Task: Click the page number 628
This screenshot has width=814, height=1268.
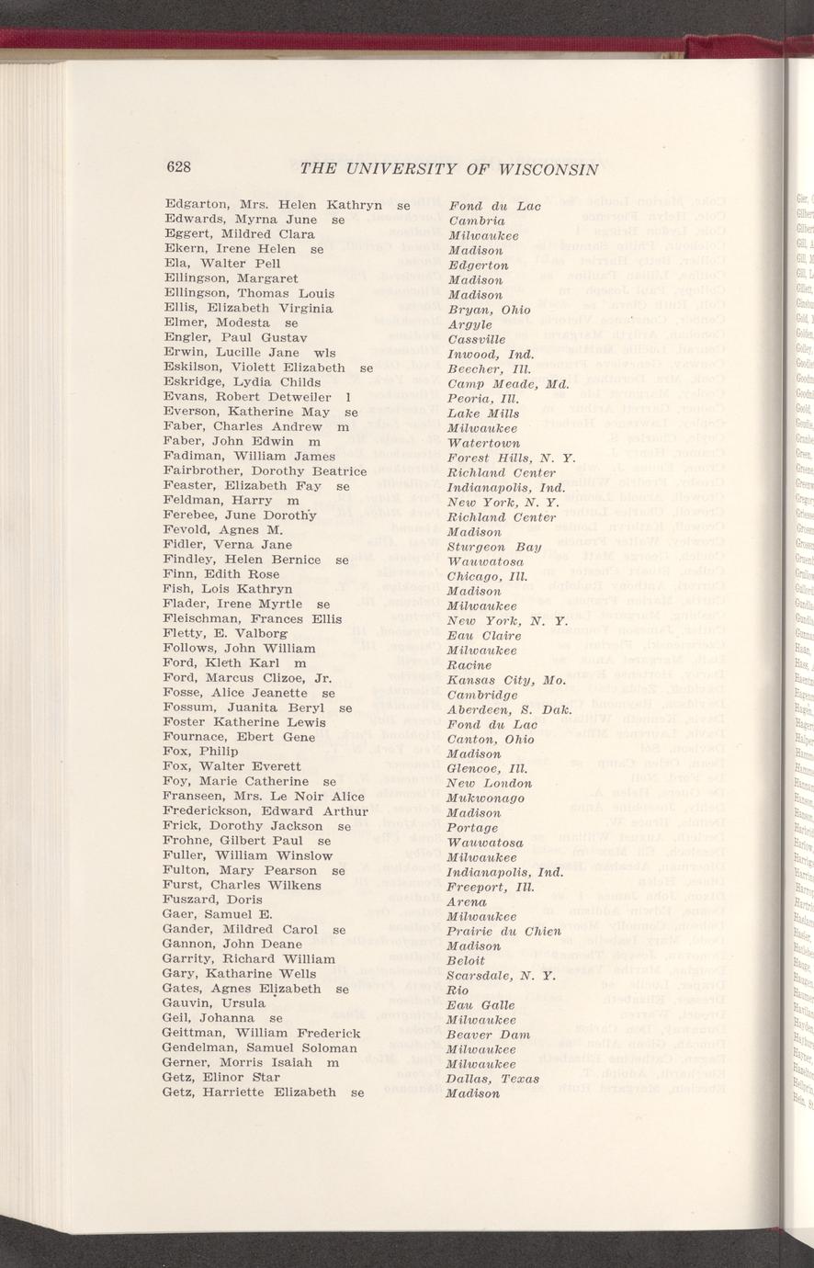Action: pos(177,166)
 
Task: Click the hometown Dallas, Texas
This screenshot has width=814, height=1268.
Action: pos(492,1079)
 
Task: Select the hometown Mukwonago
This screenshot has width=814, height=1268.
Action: pos(485,798)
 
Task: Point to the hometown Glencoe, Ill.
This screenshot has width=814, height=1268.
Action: pos(487,768)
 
